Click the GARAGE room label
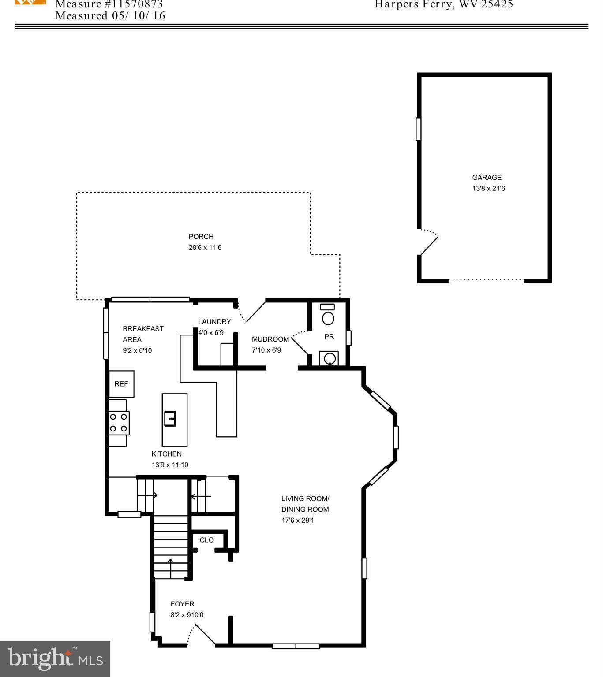[x=487, y=178]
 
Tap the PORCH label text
[x=201, y=237]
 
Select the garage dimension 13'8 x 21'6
[x=488, y=189]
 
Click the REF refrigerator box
[x=121, y=384]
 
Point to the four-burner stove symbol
[x=119, y=422]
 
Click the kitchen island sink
[x=170, y=418]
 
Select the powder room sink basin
[x=329, y=358]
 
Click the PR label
[x=329, y=337]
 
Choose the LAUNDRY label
[x=214, y=322]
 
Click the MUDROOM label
[x=270, y=339]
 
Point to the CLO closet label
[x=206, y=540]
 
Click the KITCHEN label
[x=166, y=454]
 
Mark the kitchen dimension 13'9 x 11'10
[x=170, y=465]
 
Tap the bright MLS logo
[x=55, y=659]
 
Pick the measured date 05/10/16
[x=137, y=16]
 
